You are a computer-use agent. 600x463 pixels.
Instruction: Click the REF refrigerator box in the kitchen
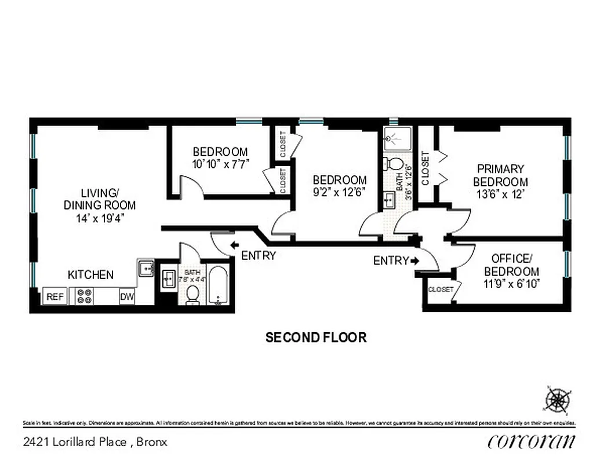pos(55,297)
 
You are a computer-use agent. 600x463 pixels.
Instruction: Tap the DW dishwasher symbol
pos(127,297)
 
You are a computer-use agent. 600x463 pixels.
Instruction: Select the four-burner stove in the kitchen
pos(85,296)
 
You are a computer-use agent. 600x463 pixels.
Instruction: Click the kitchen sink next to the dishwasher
pos(145,269)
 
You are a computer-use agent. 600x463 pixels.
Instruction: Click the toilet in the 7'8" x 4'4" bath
pos(192,296)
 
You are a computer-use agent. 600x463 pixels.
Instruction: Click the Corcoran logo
pos(532,441)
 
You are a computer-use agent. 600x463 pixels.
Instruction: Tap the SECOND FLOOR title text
pos(316,337)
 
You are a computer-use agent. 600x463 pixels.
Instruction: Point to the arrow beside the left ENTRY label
pos(234,245)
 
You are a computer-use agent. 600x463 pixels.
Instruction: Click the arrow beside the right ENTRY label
pos(414,261)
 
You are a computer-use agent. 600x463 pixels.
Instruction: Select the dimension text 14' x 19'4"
pos(100,218)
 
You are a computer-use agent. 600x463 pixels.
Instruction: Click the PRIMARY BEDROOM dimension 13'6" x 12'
pos(500,194)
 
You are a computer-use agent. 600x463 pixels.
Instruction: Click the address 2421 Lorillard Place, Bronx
pos(96,442)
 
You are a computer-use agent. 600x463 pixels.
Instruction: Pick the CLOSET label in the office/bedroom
pos(441,289)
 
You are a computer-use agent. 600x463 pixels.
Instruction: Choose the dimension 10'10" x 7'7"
pos(220,164)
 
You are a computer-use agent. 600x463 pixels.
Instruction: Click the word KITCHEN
pos(90,275)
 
